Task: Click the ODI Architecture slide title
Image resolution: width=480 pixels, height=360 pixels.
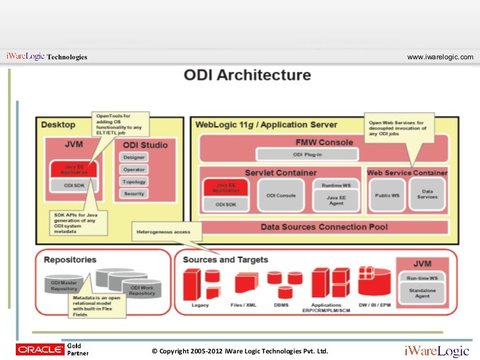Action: [x=247, y=75]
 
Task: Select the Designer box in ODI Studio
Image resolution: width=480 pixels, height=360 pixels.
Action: [x=135, y=158]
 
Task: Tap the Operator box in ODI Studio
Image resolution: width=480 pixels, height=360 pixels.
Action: [x=135, y=169]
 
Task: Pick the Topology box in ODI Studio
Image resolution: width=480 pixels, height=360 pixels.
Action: [x=135, y=181]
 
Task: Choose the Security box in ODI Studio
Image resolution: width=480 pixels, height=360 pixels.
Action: [x=135, y=193]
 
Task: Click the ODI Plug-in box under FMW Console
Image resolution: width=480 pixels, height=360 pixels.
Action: [x=307, y=154]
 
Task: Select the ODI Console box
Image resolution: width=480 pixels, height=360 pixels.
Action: [x=281, y=196]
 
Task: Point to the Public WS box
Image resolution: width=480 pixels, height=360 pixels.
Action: [x=387, y=196]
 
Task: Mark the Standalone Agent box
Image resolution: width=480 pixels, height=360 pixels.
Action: [x=422, y=293]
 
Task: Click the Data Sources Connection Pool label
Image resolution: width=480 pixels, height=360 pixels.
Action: [x=323, y=227]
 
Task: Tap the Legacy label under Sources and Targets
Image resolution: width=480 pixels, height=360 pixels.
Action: [x=200, y=305]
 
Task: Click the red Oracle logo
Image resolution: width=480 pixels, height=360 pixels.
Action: [x=38, y=349]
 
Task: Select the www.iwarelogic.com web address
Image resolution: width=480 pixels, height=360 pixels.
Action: [x=440, y=57]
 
